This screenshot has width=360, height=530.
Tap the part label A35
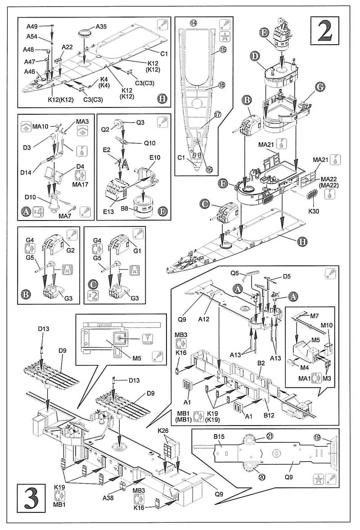click(x=101, y=27)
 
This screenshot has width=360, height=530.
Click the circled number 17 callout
click(x=218, y=115)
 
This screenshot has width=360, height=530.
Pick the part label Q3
click(x=140, y=122)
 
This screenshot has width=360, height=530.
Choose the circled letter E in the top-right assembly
click(x=264, y=32)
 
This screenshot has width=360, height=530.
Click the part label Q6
click(x=235, y=273)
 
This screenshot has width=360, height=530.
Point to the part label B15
click(x=219, y=437)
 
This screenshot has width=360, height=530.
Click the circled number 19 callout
click(x=318, y=437)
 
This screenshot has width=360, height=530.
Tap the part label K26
click(x=163, y=431)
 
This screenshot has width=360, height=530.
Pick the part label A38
click(x=108, y=497)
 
